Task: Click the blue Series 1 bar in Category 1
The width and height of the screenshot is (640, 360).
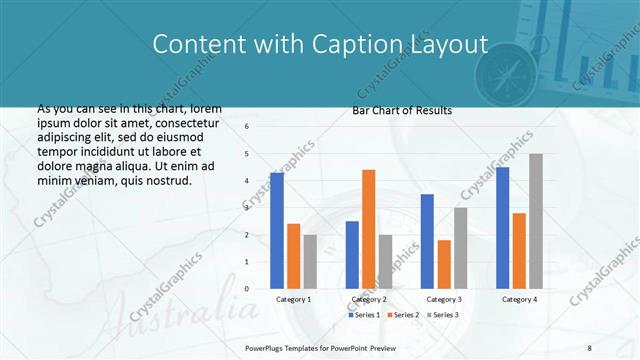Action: pos(277,231)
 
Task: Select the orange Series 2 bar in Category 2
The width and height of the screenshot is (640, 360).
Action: pos(368,229)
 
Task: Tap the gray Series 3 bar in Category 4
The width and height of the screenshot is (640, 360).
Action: pos(536,221)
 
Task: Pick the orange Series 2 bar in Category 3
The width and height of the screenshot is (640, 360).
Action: pos(444,264)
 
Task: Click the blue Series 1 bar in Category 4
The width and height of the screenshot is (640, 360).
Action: pos(502,228)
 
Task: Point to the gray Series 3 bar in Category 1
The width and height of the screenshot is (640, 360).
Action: pos(310,262)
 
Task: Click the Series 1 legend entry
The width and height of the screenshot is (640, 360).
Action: pos(365,315)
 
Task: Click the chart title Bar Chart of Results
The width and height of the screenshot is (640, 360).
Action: pos(402,110)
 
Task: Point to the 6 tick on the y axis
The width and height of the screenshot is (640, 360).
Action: pos(246,127)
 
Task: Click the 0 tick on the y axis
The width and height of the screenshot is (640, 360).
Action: pos(246,289)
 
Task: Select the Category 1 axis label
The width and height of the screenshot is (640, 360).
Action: pos(293,299)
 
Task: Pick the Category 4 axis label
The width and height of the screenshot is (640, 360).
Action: pos(519,299)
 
